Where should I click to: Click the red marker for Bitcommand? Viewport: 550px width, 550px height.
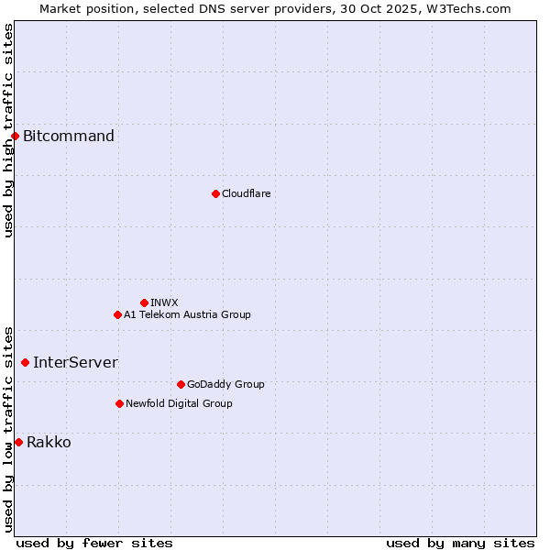click(x=15, y=137)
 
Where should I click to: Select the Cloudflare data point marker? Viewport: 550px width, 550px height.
click(x=215, y=193)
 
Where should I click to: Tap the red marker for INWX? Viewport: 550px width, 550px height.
click(x=144, y=302)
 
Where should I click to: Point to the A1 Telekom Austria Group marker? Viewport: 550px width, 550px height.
click(x=117, y=314)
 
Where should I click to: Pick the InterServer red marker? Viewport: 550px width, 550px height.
click(x=25, y=362)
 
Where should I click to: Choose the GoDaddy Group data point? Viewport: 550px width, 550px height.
click(x=181, y=384)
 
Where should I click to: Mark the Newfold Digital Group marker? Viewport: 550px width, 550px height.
click(x=119, y=403)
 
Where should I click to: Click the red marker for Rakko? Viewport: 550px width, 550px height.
click(x=18, y=442)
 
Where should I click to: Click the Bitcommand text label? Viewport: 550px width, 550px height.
click(x=69, y=137)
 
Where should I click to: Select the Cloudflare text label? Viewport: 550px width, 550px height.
click(x=246, y=193)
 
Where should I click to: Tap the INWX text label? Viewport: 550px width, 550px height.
click(x=164, y=302)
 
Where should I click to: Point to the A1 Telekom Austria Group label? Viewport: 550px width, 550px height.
click(x=187, y=314)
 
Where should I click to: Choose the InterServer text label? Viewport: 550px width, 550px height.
click(x=75, y=362)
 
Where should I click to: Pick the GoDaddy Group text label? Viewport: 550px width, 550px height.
click(x=225, y=384)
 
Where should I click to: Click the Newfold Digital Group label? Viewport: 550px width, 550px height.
click(x=179, y=403)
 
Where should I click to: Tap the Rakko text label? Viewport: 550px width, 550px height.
click(x=49, y=443)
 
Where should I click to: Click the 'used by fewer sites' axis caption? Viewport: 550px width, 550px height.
click(x=94, y=543)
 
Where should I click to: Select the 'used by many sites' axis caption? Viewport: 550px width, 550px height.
click(x=460, y=543)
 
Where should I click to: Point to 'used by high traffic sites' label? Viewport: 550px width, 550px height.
click(x=8, y=130)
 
